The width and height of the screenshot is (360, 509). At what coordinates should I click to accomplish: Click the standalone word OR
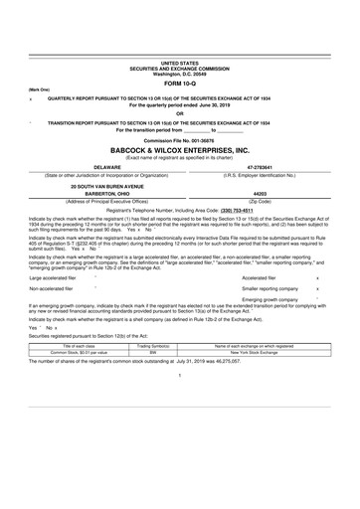[179, 112]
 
